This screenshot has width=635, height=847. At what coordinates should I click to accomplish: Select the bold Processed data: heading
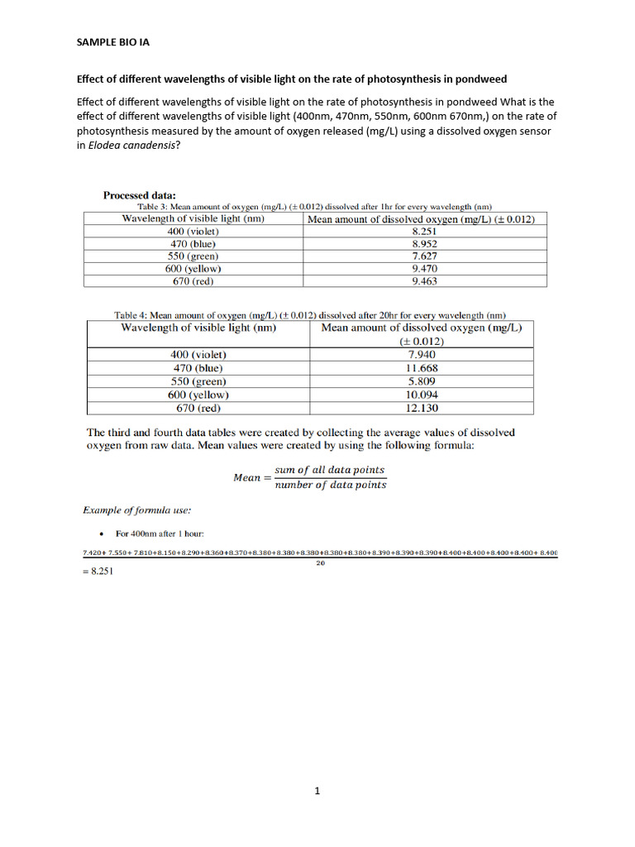pyautogui.click(x=139, y=195)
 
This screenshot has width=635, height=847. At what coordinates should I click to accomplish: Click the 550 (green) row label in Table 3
pyautogui.click(x=194, y=256)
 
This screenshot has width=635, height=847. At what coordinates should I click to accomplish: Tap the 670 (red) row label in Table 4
pyautogui.click(x=198, y=408)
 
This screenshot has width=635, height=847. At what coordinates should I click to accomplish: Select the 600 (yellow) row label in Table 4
pyautogui.click(x=198, y=395)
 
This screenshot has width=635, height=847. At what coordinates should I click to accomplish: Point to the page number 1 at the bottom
pyautogui.click(x=317, y=791)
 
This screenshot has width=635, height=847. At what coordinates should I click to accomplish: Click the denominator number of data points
pyautogui.click(x=330, y=485)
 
